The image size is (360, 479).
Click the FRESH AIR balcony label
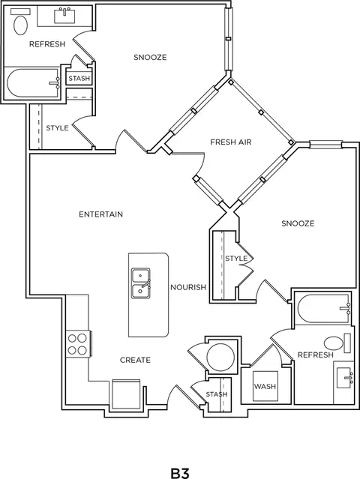[231, 142]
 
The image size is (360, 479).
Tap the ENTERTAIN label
[100, 214]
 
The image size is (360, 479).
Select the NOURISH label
[188, 287]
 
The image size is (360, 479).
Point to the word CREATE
[135, 360]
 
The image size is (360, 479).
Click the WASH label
[265, 387]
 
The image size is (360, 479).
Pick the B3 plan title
[180, 473]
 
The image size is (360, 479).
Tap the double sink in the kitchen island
[140, 283]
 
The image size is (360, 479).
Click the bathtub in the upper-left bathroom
[33, 82]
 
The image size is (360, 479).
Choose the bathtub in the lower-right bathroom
[324, 309]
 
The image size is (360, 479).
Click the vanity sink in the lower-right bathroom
[345, 378]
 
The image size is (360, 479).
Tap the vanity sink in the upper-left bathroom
[64, 16]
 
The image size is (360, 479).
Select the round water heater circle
[220, 357]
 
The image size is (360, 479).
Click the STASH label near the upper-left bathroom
[79, 79]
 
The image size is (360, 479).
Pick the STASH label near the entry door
[216, 394]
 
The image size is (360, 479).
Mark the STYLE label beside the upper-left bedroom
[57, 128]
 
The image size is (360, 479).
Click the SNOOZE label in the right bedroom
[298, 223]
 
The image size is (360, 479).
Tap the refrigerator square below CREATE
[126, 395]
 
